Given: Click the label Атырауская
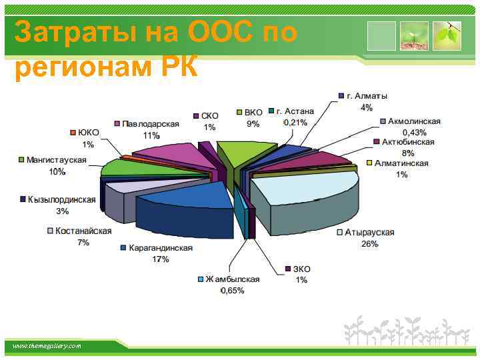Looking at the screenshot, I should [369, 233].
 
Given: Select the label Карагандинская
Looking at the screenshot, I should [161, 248].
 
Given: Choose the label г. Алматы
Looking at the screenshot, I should [367, 96].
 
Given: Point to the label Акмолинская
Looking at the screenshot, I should [414, 121].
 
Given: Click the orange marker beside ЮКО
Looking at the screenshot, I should [73, 133].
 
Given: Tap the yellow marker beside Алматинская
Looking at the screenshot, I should [370, 163].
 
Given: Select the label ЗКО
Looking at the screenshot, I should [301, 269].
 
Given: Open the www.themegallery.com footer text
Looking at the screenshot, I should [46, 346].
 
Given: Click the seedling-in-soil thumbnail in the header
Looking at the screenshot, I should [414, 36].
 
